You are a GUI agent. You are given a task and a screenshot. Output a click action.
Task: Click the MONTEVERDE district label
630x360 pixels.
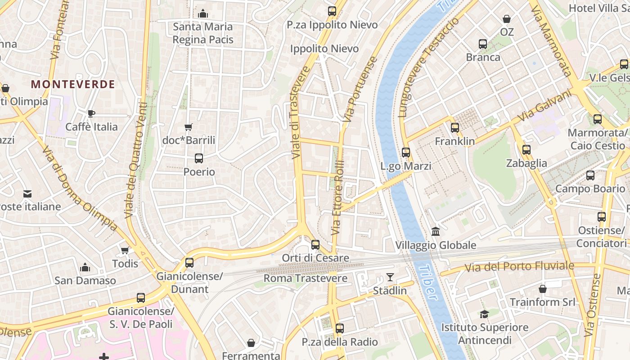coord(73,84)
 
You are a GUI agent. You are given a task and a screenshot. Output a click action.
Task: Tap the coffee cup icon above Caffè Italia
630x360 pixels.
coord(91,113)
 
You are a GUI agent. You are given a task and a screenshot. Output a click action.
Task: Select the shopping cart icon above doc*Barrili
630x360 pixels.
coord(189,127)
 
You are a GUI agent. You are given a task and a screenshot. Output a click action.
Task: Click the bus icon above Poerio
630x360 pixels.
coord(198,158)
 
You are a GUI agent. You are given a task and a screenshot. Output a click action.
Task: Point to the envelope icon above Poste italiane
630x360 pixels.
coord(27,194)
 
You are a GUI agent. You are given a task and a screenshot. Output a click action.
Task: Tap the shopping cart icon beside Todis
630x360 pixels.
coord(125,250)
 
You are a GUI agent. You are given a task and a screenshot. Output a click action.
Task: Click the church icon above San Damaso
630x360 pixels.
coord(85,268)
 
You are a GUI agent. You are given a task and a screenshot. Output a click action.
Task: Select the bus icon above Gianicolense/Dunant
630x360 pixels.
coord(189,262)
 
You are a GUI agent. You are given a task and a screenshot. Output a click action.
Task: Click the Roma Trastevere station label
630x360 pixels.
coord(305,278)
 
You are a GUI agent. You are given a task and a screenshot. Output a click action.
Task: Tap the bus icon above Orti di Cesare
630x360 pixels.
coord(315,245)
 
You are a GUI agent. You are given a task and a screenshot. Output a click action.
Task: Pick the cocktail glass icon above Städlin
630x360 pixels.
coord(390,277)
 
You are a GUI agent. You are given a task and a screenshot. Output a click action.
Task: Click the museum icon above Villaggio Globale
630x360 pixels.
coord(436,232)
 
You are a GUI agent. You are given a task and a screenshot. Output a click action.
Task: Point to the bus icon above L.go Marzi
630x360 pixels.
coord(406,153)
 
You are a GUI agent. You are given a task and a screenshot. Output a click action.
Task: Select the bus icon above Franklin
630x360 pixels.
coord(454,128)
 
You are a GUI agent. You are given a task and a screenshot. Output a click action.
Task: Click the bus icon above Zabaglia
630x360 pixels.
coord(526,150)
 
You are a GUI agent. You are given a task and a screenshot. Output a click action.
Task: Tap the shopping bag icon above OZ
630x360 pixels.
coord(507,19)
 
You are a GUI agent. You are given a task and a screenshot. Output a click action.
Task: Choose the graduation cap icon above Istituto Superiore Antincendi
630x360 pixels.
coord(484,314)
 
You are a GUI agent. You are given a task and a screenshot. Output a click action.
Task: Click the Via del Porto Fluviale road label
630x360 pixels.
coord(519,266)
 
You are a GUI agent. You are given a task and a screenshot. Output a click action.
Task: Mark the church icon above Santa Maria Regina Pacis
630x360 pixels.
coord(203,13)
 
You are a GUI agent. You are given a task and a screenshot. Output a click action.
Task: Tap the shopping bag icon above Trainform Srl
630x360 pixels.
coord(543,288)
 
